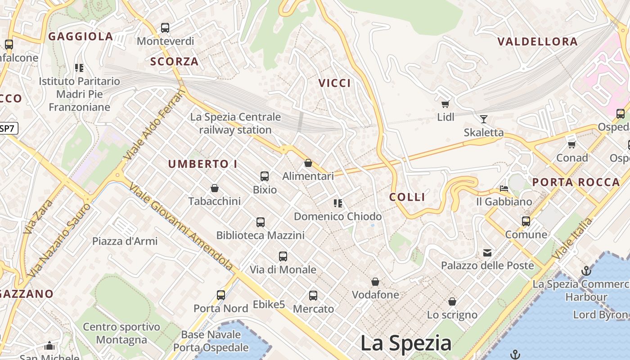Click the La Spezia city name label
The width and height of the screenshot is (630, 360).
click(x=406, y=343)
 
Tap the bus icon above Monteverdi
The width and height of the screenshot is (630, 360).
click(x=165, y=28)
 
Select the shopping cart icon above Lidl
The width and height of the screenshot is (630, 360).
click(x=445, y=104)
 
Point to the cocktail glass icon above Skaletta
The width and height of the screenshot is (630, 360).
click(x=484, y=119)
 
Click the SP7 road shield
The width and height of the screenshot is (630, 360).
click(x=8, y=128)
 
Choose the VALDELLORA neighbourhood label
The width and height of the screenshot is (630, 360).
click(x=537, y=42)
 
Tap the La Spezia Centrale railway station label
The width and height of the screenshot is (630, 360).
click(x=235, y=123)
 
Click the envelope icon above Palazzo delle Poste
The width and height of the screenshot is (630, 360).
click(x=487, y=252)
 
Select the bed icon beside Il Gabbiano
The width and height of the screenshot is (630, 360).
click(x=504, y=189)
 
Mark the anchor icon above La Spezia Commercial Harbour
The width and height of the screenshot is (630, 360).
click(x=586, y=271)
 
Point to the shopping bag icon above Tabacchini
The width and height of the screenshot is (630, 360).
click(x=215, y=188)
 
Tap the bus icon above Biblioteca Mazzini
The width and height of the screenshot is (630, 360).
click(x=261, y=222)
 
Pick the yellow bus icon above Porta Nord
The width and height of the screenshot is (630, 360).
click(x=221, y=295)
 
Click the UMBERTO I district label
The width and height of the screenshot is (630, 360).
click(x=202, y=164)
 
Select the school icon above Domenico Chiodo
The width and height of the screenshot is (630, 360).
click(x=338, y=203)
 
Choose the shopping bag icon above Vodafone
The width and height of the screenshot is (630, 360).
click(x=375, y=282)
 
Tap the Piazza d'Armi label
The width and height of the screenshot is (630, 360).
click(x=125, y=241)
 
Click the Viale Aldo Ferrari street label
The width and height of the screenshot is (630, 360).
click(x=154, y=125)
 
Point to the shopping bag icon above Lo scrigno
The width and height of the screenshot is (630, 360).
click(x=452, y=301)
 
